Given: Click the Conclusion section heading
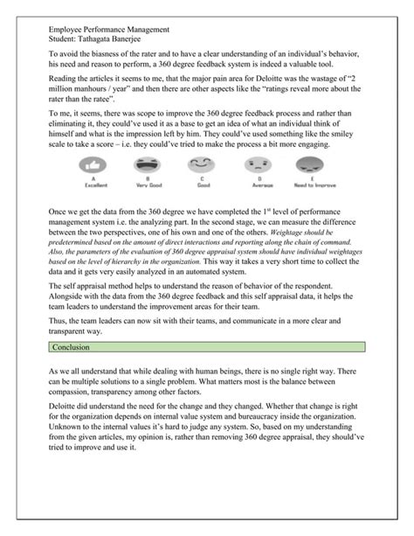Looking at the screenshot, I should pyautogui.click(x=71, y=347).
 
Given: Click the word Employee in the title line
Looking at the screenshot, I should pyautogui.click(x=70, y=28).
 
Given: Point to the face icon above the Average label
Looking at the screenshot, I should pyautogui.click(x=256, y=164).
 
